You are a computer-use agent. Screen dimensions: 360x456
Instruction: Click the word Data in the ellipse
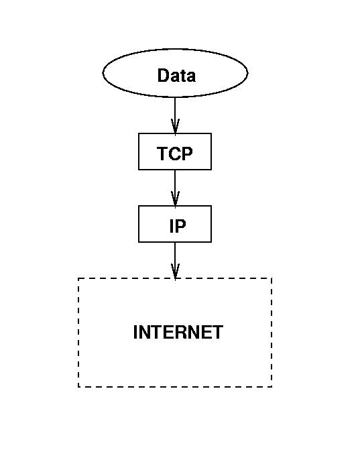coord(176,75)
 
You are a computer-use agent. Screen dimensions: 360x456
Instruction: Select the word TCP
coord(175,154)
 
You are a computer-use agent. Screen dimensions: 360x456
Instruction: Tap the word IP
coord(178,226)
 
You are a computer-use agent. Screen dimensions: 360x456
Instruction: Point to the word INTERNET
coord(178,332)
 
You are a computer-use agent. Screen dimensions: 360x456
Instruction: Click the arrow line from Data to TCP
coord(175,115)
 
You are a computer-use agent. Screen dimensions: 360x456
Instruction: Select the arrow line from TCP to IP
coord(175,188)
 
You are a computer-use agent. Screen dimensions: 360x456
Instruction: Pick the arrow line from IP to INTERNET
coord(175,260)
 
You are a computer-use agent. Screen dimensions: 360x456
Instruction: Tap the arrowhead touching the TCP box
coord(175,126)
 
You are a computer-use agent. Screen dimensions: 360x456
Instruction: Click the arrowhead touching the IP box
coord(175,199)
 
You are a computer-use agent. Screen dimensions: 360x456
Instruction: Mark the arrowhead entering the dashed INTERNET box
coord(175,271)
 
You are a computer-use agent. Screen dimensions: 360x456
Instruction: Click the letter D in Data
coord(163,75)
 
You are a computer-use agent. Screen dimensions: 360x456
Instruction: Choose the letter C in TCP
coord(175,154)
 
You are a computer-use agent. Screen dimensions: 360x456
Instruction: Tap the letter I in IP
coord(171,226)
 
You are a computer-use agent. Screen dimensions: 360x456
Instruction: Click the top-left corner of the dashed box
coord(78,278)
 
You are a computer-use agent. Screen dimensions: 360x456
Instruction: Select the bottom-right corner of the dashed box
coord(272,387)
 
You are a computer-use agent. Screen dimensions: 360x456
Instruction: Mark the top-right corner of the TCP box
coord(211,133)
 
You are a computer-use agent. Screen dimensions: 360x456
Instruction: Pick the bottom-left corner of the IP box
coord(139,242)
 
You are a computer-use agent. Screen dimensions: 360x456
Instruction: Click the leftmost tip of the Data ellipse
coord(103,72)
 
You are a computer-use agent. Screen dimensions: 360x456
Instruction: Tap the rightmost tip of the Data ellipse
coord(248,72)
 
